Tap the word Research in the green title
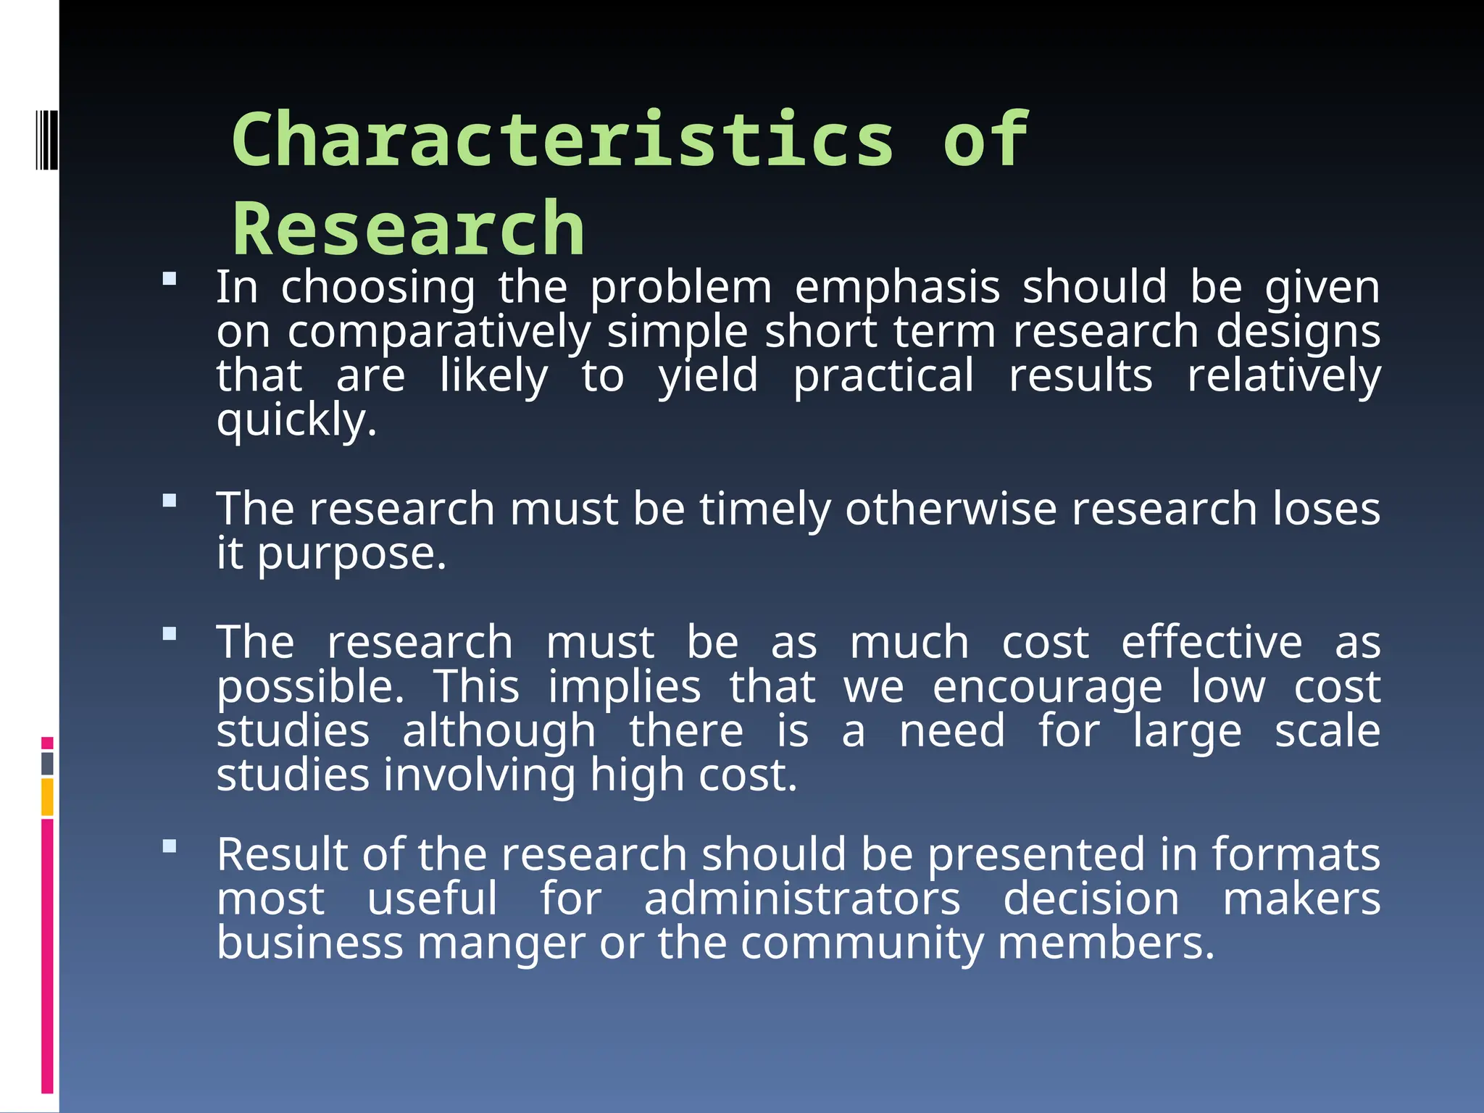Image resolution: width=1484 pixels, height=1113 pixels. click(x=408, y=229)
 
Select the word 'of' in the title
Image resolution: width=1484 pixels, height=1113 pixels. click(x=985, y=139)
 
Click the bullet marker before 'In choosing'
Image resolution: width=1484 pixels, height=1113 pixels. click(x=170, y=279)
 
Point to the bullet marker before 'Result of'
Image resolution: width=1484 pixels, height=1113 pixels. click(x=170, y=846)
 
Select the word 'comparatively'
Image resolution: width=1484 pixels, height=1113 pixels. click(x=439, y=332)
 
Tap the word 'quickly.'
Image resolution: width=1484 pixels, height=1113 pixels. click(x=296, y=420)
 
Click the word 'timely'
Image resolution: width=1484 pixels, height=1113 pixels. click(x=764, y=509)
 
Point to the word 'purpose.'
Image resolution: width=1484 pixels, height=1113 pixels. click(x=352, y=554)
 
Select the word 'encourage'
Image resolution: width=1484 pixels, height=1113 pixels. click(x=1047, y=687)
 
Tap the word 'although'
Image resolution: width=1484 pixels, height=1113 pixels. click(x=499, y=730)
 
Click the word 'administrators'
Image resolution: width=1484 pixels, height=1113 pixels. click(x=802, y=899)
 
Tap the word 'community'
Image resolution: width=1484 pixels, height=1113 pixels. click(x=862, y=943)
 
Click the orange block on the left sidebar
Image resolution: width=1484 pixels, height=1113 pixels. click(x=47, y=797)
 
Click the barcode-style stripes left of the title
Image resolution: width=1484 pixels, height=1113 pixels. click(x=46, y=139)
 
